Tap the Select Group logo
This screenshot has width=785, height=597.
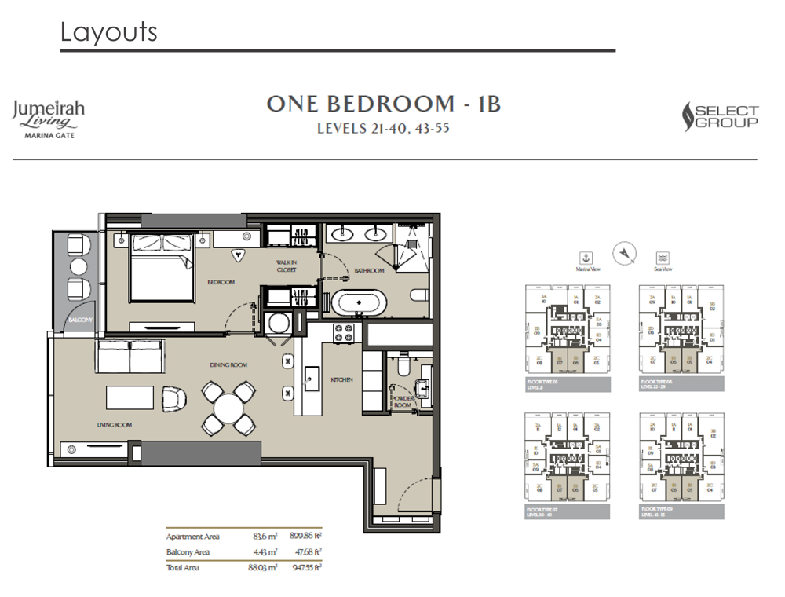click(x=721, y=117)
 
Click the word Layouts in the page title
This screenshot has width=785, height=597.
click(x=108, y=32)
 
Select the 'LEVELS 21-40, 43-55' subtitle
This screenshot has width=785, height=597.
click(x=383, y=130)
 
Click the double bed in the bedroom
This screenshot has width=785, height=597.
click(x=161, y=267)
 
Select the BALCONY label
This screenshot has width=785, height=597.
click(x=79, y=320)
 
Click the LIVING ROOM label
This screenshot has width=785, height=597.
click(x=115, y=425)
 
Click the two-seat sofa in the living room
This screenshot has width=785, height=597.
click(x=129, y=357)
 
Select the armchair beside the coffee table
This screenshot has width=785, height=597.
click(x=173, y=397)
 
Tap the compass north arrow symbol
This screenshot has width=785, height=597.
click(x=624, y=251)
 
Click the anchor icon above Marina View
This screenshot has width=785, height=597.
click(x=585, y=257)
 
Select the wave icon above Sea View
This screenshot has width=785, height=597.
click(x=663, y=257)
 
